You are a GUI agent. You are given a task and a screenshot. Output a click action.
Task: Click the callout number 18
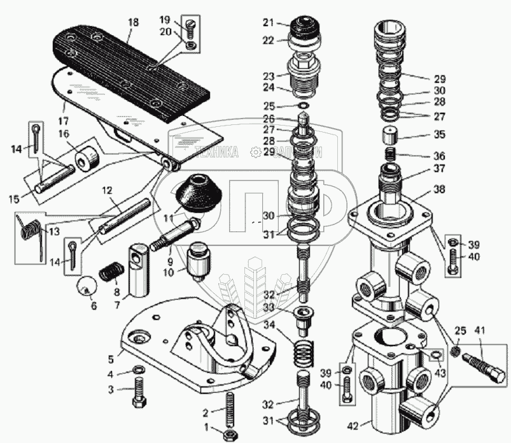pyautogui.click(x=132, y=23)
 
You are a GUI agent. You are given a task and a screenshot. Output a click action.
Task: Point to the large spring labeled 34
pyautogui.click(x=305, y=354)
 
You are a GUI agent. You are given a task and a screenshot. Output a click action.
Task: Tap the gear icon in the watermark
pyautogui.click(x=256, y=152)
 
